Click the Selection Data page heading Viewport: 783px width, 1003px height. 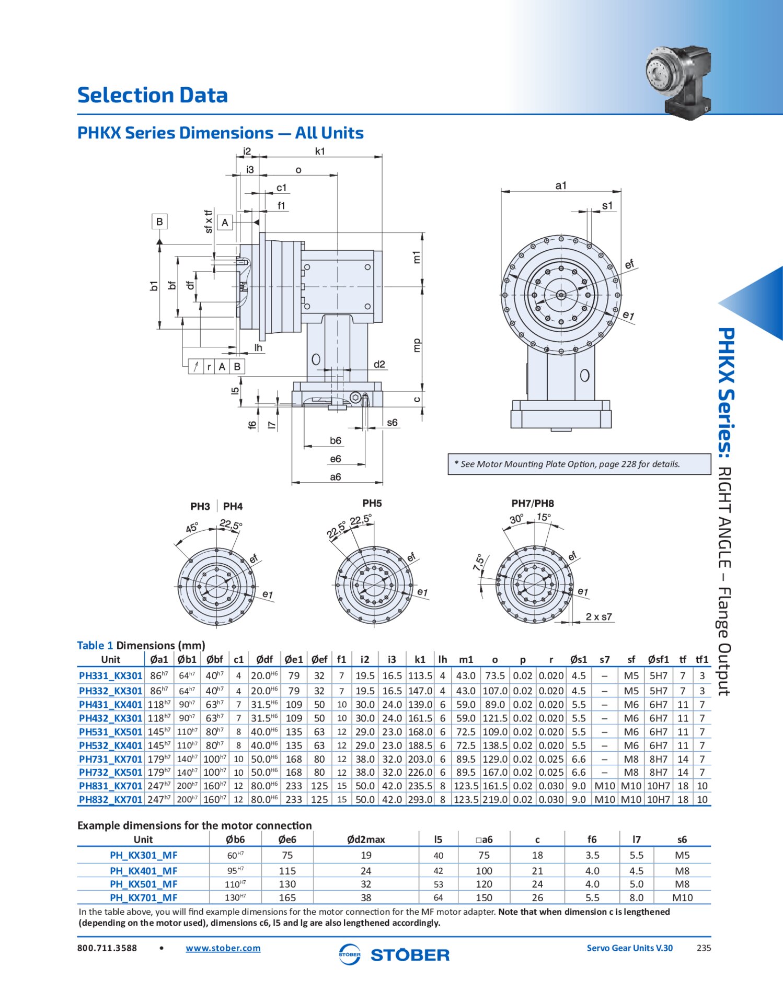pyautogui.click(x=152, y=95)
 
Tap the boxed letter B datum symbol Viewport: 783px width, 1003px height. pyautogui.click(x=159, y=221)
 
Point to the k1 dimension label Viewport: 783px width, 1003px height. pyautogui.click(x=320, y=151)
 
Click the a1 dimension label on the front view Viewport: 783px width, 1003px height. pyautogui.click(x=561, y=185)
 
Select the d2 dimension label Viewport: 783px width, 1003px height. pyautogui.click(x=379, y=364)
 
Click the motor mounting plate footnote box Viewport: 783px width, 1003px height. pyautogui.click(x=579, y=464)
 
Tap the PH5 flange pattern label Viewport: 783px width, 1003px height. pyautogui.click(x=372, y=503)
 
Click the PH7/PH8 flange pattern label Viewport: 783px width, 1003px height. pyautogui.click(x=532, y=503)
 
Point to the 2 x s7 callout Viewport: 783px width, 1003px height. pyautogui.click(x=598, y=616)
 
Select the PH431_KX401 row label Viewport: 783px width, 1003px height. pyautogui.click(x=110, y=705)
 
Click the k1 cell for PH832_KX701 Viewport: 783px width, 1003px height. pyautogui.click(x=420, y=799)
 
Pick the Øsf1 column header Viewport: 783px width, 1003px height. pyautogui.click(x=658, y=659)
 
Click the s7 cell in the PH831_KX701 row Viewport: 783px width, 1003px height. pyautogui.click(x=604, y=786)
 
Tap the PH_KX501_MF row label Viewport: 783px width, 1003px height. pyautogui.click(x=143, y=884)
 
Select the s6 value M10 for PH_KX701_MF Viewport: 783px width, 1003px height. pyautogui.click(x=682, y=897)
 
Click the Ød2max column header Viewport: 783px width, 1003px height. pyautogui.click(x=366, y=839)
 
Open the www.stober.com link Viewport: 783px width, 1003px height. pyautogui.click(x=223, y=948)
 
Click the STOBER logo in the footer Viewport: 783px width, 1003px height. pyautogui.click(x=394, y=955)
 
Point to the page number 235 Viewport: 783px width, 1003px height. pyautogui.click(x=704, y=948)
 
